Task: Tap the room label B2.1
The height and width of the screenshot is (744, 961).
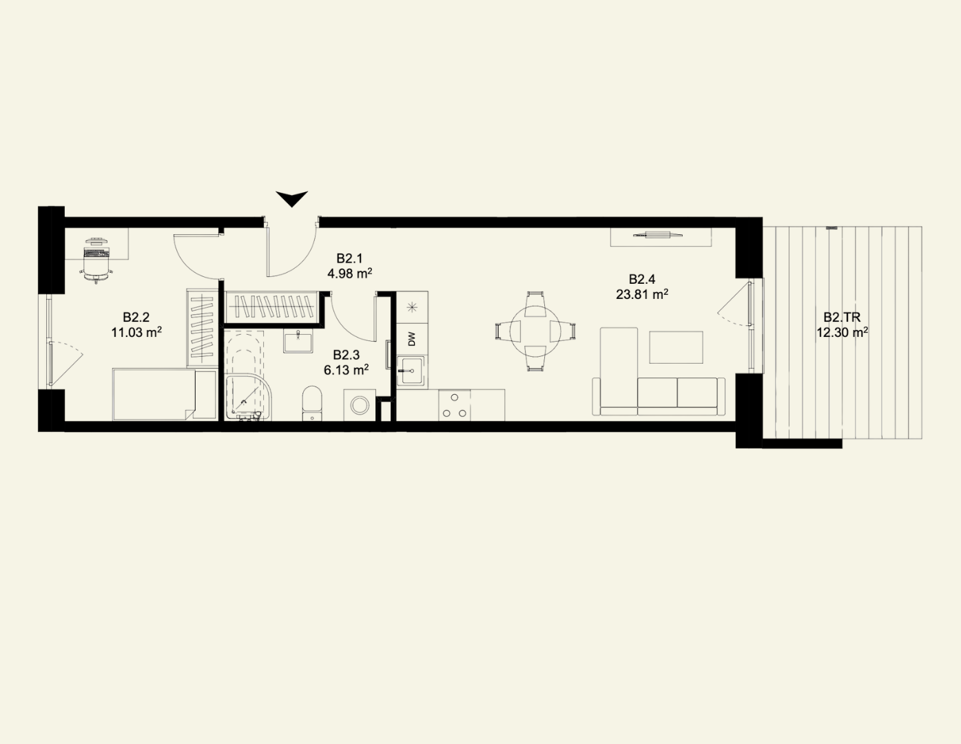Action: coord(349,258)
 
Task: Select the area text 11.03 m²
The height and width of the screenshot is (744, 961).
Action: coord(136,332)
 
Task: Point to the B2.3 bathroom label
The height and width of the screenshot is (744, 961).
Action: coord(347,355)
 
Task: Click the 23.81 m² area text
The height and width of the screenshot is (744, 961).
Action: coord(641,294)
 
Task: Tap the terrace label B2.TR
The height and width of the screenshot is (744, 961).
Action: coord(842,318)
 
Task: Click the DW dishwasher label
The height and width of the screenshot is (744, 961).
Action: coord(412,340)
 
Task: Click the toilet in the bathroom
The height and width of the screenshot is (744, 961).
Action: coord(312,404)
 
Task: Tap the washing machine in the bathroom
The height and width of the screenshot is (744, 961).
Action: coord(360,405)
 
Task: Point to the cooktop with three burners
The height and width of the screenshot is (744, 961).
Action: coord(455,405)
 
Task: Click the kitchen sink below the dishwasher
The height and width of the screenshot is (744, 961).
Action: coord(412,371)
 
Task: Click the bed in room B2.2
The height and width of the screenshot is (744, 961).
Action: coord(154,395)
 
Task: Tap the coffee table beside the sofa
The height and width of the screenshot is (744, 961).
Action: coord(676,347)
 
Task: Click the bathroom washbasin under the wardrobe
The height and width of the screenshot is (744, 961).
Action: coord(298,342)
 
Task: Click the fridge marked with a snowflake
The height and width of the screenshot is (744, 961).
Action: coord(412,307)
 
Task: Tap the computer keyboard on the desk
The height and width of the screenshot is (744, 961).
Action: coord(96,253)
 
